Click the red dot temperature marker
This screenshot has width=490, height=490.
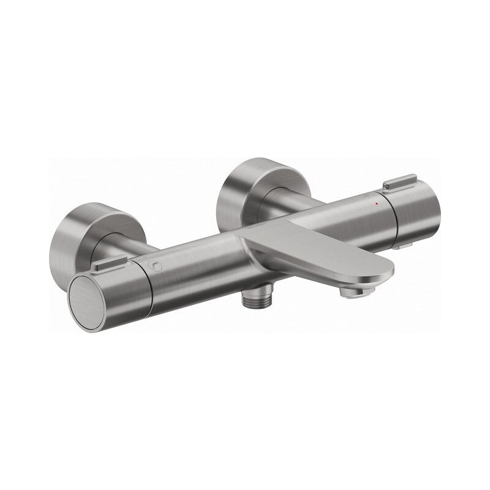click(x=376, y=202)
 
